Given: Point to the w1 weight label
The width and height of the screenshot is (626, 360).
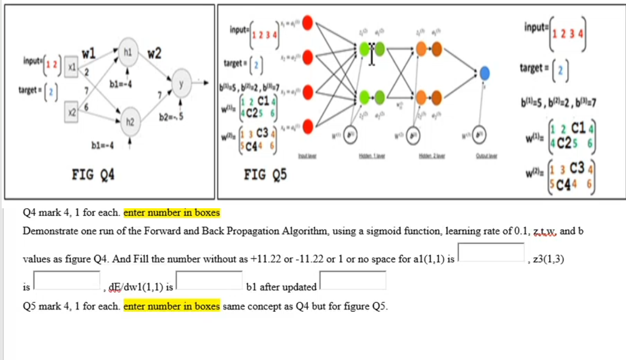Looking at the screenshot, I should [x=88, y=54].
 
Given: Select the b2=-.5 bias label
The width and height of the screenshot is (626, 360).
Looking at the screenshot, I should [x=171, y=118].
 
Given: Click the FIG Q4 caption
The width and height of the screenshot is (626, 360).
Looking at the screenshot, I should [x=93, y=175].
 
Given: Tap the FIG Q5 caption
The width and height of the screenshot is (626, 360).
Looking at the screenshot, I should [x=265, y=175].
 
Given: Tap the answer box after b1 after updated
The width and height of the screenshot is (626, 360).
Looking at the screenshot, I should [x=353, y=280].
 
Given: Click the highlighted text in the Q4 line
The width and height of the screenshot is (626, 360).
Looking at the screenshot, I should [x=172, y=213].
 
